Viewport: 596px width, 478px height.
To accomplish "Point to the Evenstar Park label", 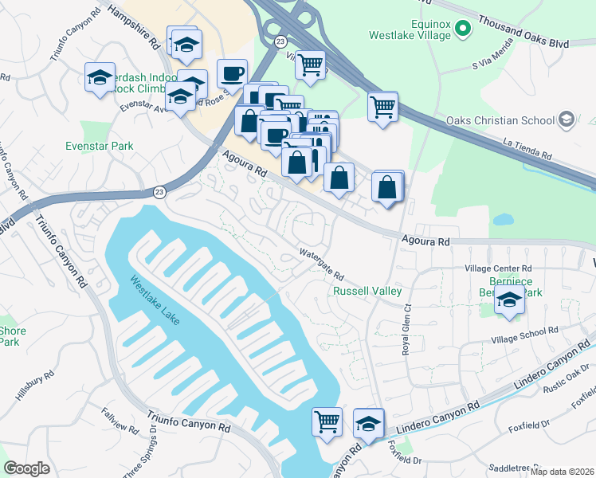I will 100,147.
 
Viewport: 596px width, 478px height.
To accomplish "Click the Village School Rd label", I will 524,331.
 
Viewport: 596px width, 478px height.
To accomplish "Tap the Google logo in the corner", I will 26,468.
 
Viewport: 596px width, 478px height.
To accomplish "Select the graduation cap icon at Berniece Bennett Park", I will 509,300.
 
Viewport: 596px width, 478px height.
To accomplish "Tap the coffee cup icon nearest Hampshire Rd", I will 232,73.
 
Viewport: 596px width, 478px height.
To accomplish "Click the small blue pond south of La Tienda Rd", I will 503,218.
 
